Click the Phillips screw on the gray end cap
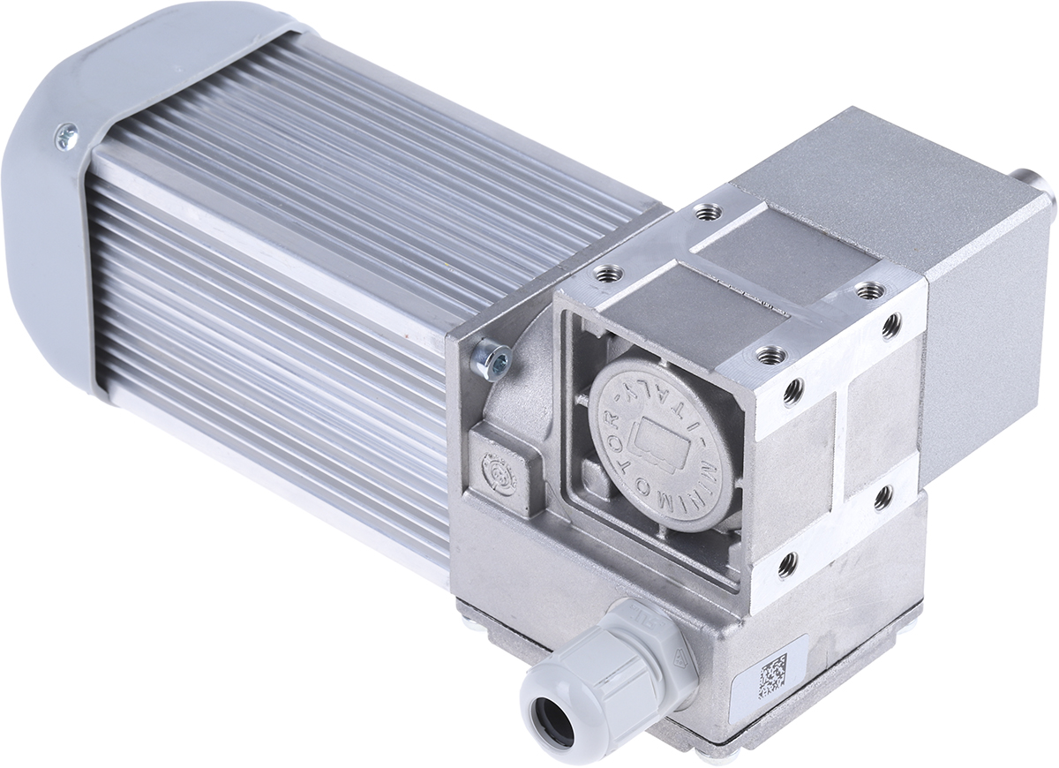click(65, 135)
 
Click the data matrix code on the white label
click(773, 672)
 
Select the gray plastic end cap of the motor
click(53, 194)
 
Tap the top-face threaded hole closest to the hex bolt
click(605, 273)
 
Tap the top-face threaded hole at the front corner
click(770, 355)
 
